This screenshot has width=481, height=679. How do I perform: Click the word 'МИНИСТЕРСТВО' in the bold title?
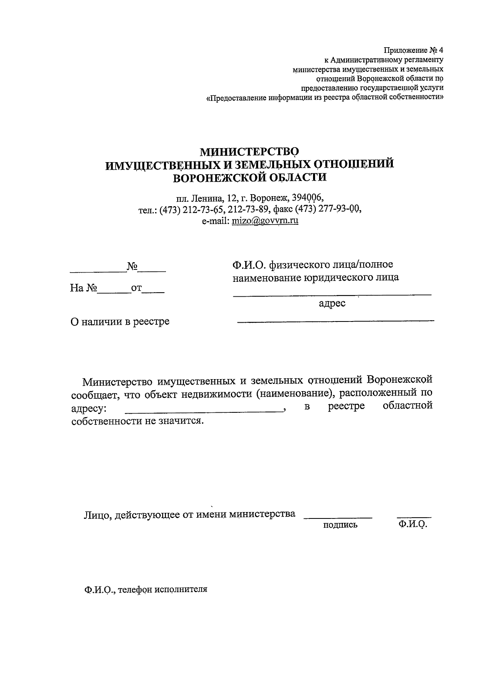tap(249, 152)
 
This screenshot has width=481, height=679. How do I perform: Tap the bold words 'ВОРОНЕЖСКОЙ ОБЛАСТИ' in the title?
tap(249, 177)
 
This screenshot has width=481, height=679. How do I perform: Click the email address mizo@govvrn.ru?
tap(265, 220)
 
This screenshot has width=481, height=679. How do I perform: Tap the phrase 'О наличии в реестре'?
tap(120, 321)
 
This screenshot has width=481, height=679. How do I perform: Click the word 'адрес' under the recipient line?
tap(332, 303)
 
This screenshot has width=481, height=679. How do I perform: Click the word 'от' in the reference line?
tap(136, 288)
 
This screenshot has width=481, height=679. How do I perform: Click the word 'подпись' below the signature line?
tap(340, 525)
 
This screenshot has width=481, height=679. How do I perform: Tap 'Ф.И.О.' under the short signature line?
tap(413, 524)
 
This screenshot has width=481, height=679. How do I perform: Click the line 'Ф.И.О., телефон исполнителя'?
tap(146, 590)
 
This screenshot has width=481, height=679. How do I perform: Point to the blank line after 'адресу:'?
tap(204, 411)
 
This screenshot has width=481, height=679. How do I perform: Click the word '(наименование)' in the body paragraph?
tap(295, 394)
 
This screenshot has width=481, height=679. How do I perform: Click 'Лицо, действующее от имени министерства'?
tap(189, 514)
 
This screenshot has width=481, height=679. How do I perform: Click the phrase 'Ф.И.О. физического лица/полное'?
tap(313, 265)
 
